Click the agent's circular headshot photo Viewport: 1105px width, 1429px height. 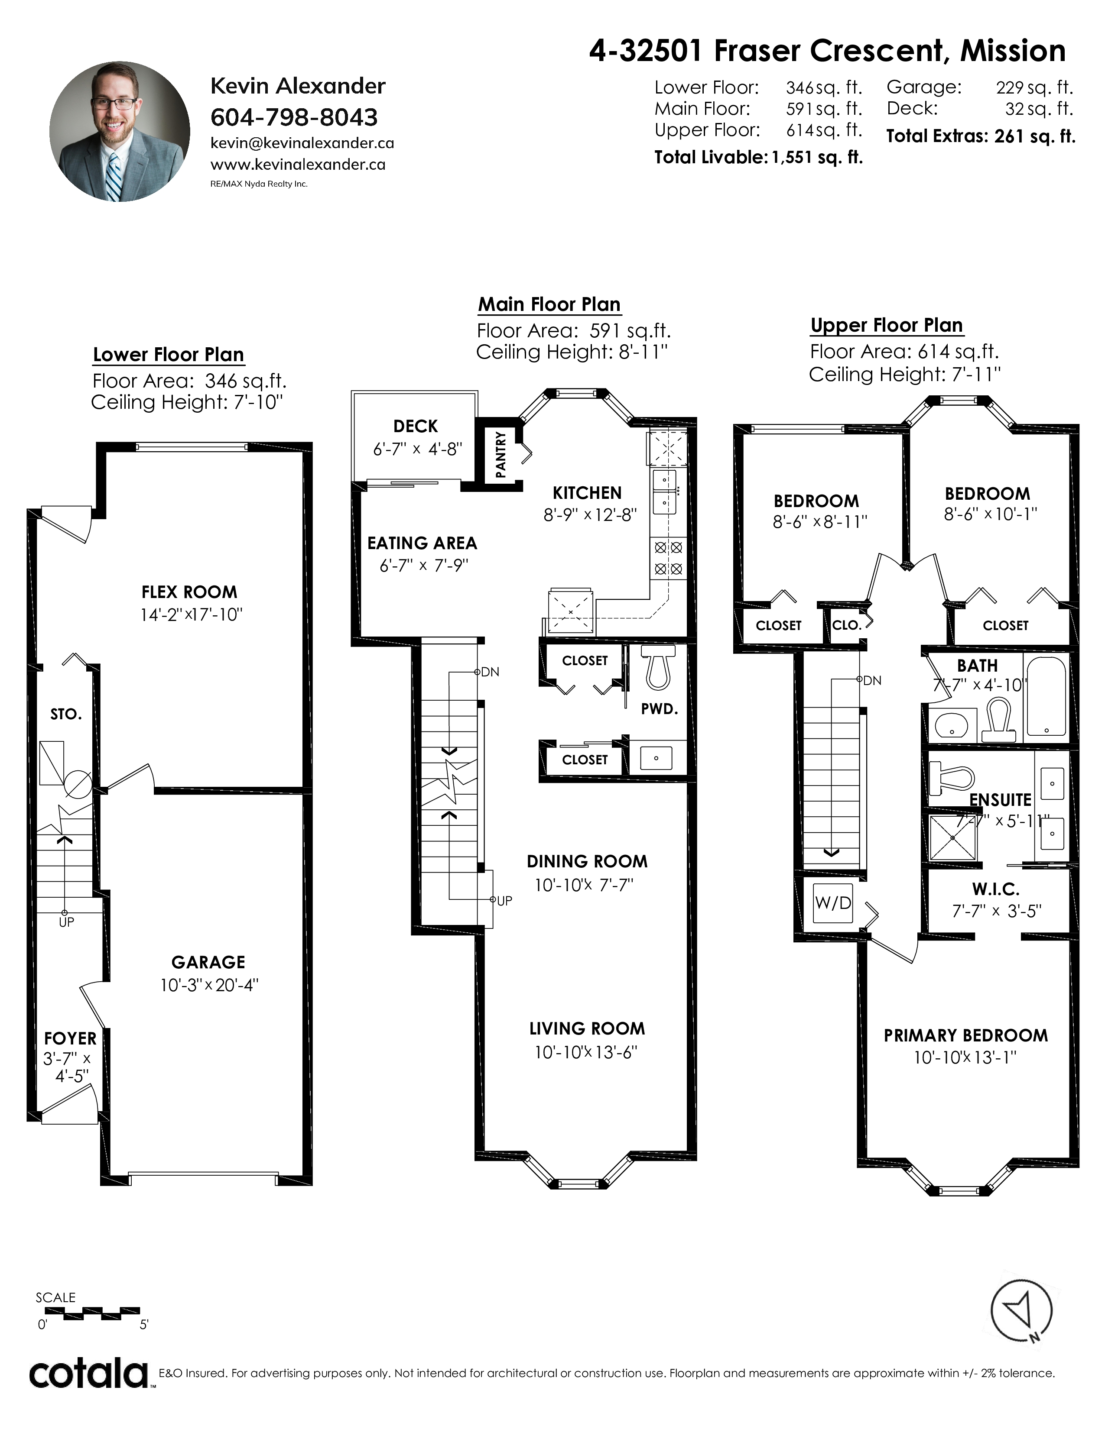click(x=120, y=132)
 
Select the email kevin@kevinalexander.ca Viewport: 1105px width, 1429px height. click(x=302, y=142)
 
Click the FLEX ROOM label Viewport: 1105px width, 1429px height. click(x=189, y=592)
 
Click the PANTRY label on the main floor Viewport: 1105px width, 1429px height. click(x=501, y=454)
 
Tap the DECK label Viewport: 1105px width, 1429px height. click(x=416, y=427)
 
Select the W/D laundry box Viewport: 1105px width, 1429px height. click(x=833, y=903)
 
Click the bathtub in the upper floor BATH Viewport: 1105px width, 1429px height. click(x=1046, y=698)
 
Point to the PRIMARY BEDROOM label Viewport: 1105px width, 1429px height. click(x=965, y=1036)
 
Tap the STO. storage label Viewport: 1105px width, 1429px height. click(x=66, y=714)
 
